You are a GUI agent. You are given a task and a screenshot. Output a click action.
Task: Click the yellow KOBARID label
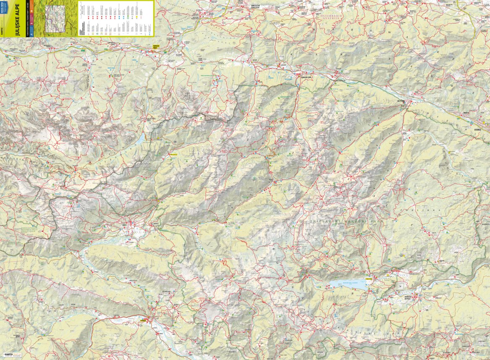click(144, 320)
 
